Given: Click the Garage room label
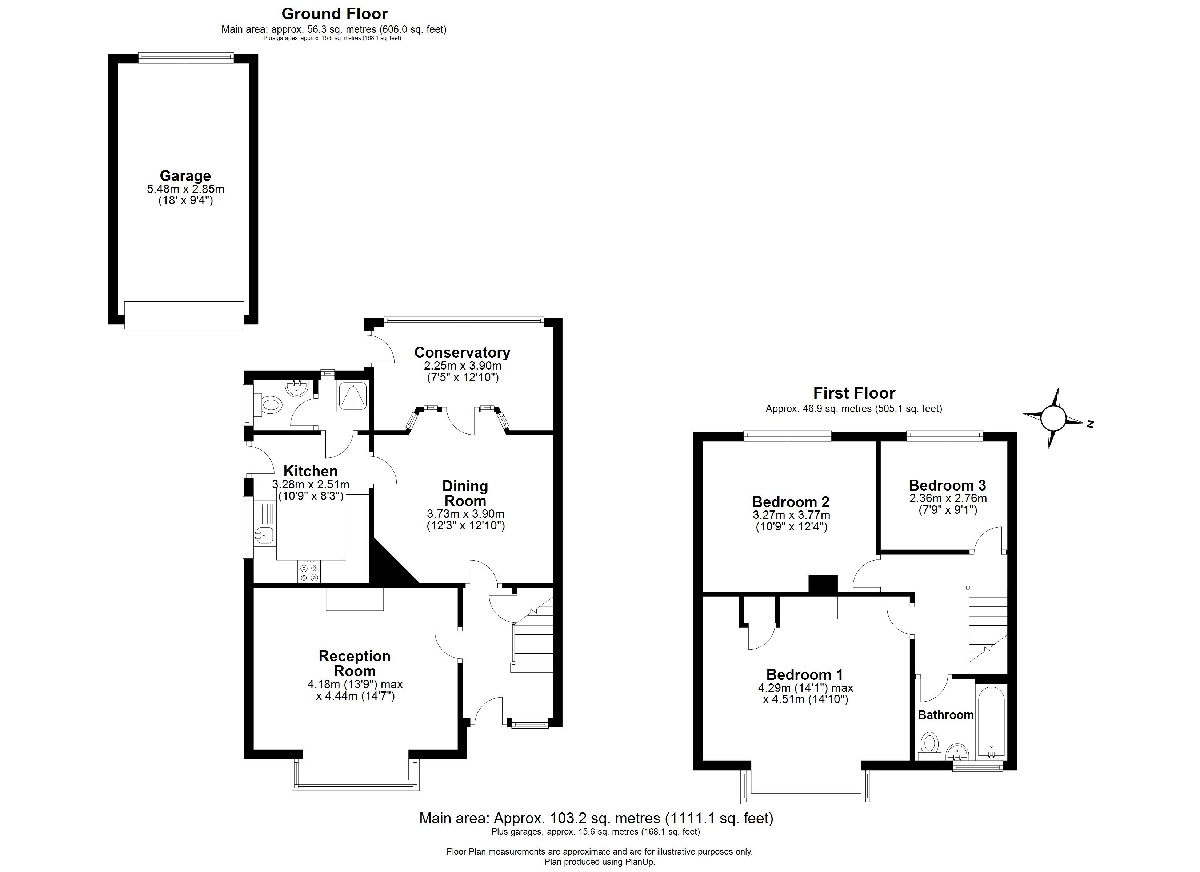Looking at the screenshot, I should click(185, 176).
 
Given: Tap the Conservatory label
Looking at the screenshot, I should click(462, 352).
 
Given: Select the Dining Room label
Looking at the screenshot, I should click(465, 493).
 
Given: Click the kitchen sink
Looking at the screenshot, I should click(264, 535).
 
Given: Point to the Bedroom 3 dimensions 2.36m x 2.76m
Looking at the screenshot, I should click(948, 498).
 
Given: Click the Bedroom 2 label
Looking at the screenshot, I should click(791, 501).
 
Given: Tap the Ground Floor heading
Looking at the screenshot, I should click(335, 14).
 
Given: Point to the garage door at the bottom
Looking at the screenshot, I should click(184, 315).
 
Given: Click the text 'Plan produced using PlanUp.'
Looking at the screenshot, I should click(600, 862).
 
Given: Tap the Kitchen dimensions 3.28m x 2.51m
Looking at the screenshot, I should click(311, 484).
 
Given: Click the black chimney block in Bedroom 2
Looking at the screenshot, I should click(823, 584).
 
